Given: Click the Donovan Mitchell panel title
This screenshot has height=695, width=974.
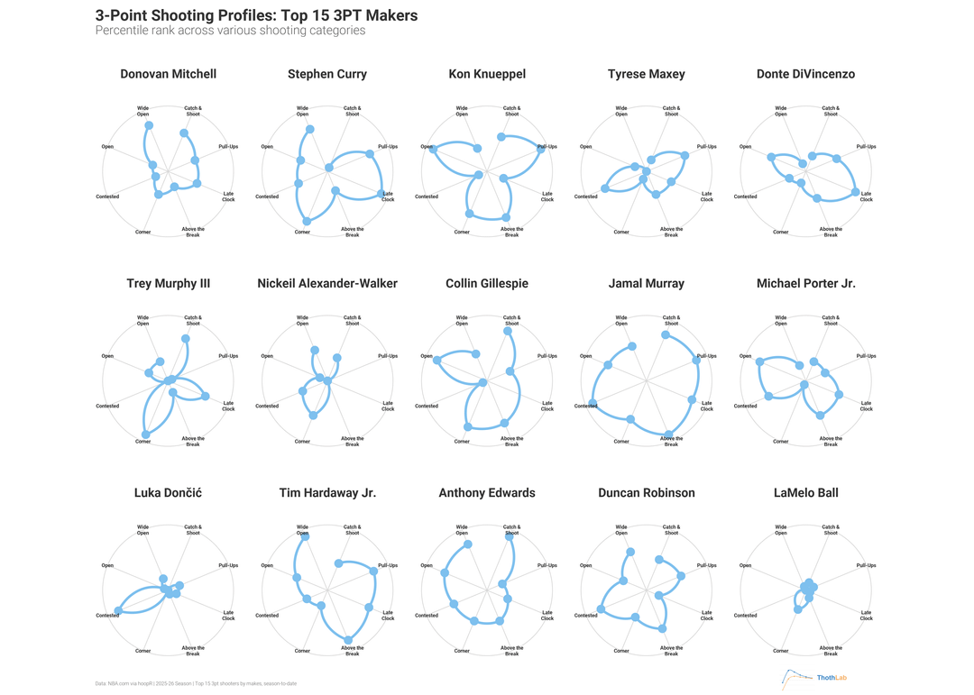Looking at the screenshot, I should pyautogui.click(x=168, y=74).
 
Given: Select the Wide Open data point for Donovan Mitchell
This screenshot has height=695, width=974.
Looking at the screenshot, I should pyautogui.click(x=149, y=125).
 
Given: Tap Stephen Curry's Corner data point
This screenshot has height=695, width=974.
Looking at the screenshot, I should pyautogui.click(x=307, y=221).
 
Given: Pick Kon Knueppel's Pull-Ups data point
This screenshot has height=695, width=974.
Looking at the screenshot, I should pyautogui.click(x=541, y=149).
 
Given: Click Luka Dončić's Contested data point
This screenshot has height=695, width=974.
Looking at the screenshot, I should pyautogui.click(x=118, y=611).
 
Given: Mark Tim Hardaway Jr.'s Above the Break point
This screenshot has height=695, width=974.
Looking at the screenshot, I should pyautogui.click(x=348, y=640).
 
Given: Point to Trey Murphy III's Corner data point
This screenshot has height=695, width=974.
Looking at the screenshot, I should pyautogui.click(x=146, y=434).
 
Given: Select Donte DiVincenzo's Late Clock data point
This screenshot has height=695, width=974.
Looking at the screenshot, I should pyautogui.click(x=855, y=192).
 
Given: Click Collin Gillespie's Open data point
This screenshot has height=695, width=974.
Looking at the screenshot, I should pyautogui.click(x=437, y=361).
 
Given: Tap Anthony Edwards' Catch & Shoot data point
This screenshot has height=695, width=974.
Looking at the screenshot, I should pyautogui.click(x=510, y=532).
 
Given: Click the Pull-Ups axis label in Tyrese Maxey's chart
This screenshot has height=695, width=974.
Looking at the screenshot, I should pyautogui.click(x=707, y=146).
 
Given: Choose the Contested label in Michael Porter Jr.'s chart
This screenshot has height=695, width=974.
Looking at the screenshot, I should pyautogui.click(x=745, y=406).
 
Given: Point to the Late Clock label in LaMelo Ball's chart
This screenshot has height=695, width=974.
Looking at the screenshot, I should pyautogui.click(x=866, y=615).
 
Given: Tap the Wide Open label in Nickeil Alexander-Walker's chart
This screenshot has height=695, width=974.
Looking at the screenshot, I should pyautogui.click(x=302, y=320).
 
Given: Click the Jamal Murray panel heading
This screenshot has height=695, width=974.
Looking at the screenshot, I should pyautogui.click(x=646, y=283).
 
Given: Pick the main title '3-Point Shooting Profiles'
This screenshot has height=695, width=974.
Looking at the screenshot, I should pyautogui.click(x=256, y=15).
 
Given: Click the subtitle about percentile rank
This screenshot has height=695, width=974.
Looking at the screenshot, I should pyautogui.click(x=230, y=31).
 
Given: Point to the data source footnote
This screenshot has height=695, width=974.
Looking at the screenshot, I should pyautogui.click(x=196, y=683).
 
